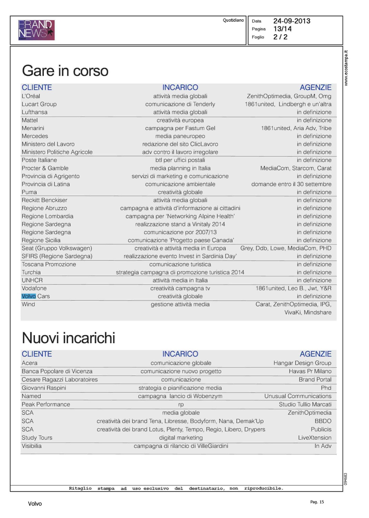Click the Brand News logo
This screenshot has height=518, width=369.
coord(36,30)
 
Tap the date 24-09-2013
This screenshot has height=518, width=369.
coord(292,21)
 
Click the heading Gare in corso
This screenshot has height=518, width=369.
coord(65,71)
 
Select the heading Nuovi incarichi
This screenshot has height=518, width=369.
coord(68,338)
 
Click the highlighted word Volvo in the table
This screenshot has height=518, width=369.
coord(29,296)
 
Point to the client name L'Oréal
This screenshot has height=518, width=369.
coord(31,96)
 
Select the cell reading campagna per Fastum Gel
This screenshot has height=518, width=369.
coord(180,128)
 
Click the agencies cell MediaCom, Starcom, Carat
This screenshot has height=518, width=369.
coord(295,168)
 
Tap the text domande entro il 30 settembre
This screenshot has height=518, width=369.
coord(291,184)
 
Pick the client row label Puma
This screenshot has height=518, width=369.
coord(29,192)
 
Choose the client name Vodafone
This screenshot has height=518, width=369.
coord(34,288)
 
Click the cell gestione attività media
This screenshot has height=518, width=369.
coord(180,304)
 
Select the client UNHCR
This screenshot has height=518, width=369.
coord(32,280)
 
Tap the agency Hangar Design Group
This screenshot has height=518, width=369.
coord(302,363)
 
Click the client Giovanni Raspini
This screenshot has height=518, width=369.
coord(44,388)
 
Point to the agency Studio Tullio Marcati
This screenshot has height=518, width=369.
coord(305,404)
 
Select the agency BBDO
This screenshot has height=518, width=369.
coord(323,421)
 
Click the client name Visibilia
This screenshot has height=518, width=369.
coord(31,446)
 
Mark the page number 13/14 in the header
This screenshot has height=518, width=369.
coord(282,29)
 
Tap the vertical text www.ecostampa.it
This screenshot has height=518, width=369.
coord(346,68)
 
